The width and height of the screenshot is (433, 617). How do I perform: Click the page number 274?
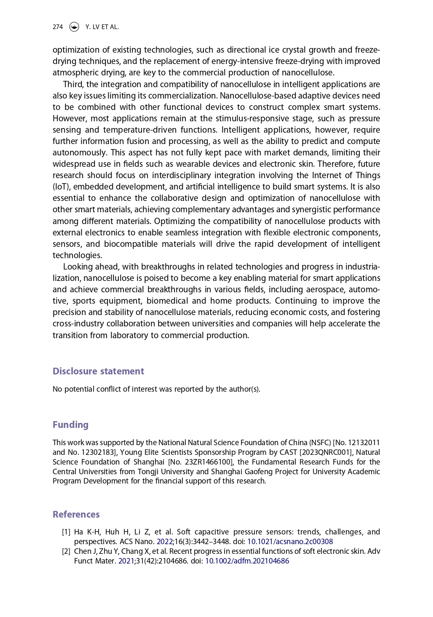pos(58,27)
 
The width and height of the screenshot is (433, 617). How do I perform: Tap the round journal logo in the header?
pos(74,27)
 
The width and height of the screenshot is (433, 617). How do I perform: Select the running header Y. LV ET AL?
pos(102,27)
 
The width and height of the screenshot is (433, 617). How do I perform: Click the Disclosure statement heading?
pos(98,371)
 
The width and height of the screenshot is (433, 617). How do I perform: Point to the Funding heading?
pos(70,425)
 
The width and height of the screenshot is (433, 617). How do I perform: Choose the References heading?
pos(76,514)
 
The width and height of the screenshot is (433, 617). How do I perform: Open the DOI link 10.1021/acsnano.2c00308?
pos(290,542)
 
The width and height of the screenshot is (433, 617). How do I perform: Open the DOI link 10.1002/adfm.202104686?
pos(247,561)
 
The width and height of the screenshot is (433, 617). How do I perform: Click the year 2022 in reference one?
pos(165,542)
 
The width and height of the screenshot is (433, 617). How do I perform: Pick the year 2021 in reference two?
pos(126,561)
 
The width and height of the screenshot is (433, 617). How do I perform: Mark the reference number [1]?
pos(66,532)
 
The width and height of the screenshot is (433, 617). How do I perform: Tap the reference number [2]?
pos(66,551)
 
